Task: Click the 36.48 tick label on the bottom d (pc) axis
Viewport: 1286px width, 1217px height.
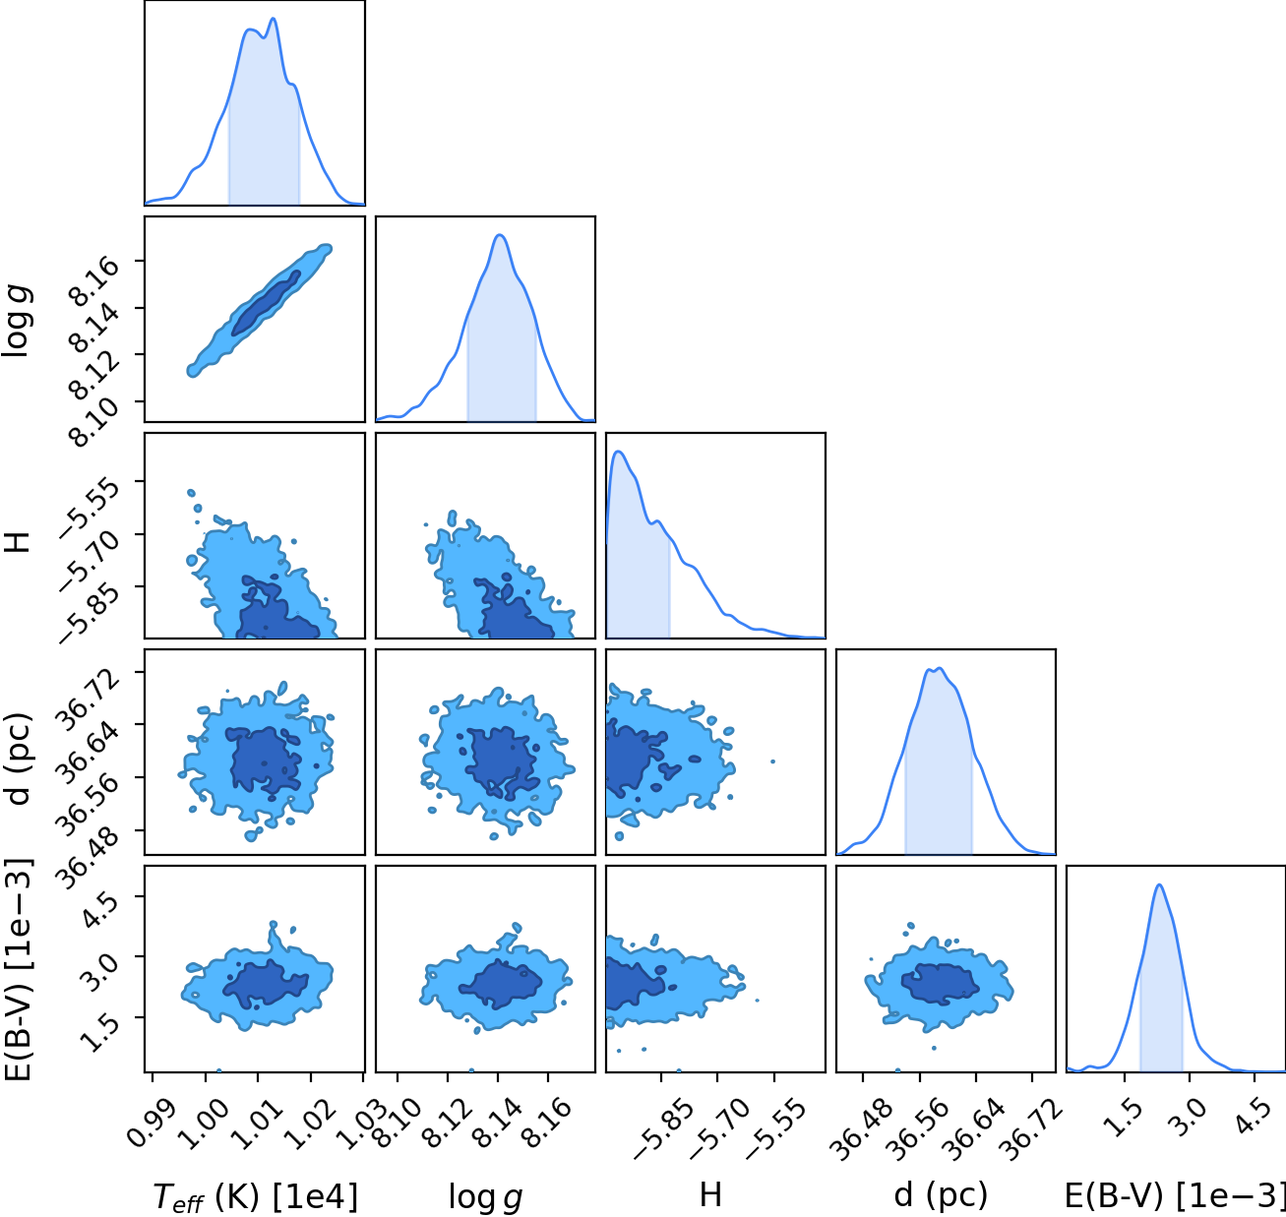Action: tap(859, 1127)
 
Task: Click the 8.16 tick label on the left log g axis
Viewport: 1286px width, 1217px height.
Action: tap(93, 280)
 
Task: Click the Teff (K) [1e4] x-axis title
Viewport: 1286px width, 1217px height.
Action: tap(256, 1196)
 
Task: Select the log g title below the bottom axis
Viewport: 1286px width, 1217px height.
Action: tap(485, 1196)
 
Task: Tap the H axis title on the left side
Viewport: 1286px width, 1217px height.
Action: tap(18, 542)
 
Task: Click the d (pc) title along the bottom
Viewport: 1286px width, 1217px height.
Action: tap(941, 1195)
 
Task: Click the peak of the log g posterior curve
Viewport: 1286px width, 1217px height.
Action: tap(500, 235)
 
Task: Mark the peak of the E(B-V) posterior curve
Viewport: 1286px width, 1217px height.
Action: tap(1160, 884)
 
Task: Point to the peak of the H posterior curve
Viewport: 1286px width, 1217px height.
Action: tap(619, 452)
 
